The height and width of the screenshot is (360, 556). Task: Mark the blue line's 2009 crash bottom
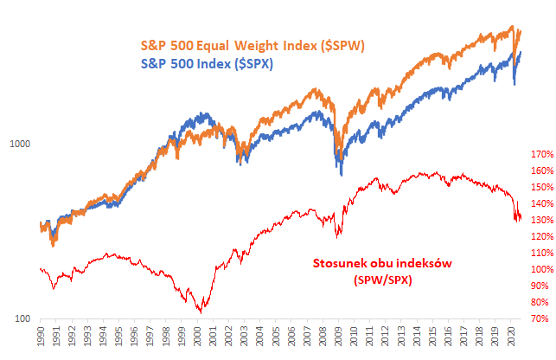click(342, 175)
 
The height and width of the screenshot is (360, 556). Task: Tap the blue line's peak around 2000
click(204, 113)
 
